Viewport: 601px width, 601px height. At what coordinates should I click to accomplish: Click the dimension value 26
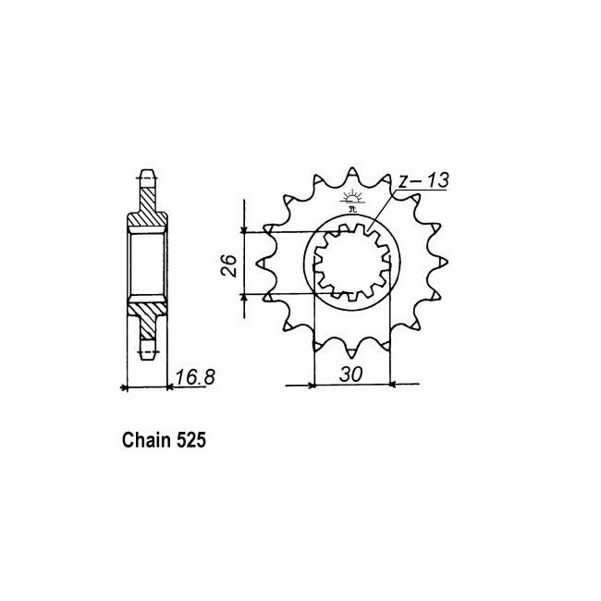228,264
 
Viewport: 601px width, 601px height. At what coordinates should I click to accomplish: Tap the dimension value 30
350,374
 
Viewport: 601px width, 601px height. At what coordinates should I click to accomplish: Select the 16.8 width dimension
195,377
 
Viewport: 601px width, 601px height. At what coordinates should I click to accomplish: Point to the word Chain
146,440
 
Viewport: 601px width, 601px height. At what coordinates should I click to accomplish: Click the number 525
191,440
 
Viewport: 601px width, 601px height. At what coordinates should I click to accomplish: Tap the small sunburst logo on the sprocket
352,200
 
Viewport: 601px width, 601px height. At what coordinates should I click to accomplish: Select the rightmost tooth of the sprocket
443,263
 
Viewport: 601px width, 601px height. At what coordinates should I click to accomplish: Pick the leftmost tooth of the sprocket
262,264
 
